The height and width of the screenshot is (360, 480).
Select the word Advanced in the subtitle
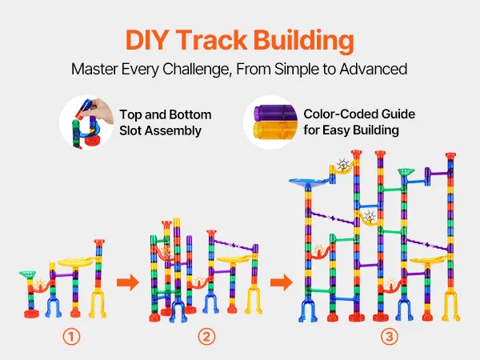tap(373, 69)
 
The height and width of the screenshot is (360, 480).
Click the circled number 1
tap(71, 337)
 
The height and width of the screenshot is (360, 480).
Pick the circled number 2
tap(206, 337)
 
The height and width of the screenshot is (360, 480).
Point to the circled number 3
tap(390, 337)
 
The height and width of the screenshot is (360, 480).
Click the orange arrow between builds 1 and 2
tap(128, 282)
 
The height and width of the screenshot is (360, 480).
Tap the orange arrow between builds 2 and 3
tap(282, 282)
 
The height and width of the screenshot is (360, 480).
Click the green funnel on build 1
tap(27, 274)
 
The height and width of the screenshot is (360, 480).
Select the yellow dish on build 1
tap(76, 262)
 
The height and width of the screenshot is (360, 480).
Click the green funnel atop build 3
tap(406, 172)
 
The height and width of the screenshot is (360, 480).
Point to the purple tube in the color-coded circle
tap(275, 113)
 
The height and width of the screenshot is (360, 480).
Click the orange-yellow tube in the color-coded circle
tap(275, 130)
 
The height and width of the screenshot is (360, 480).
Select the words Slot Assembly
tap(161, 130)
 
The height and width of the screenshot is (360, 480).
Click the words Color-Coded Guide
tap(359, 114)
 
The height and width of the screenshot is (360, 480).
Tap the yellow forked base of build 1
tap(98, 303)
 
